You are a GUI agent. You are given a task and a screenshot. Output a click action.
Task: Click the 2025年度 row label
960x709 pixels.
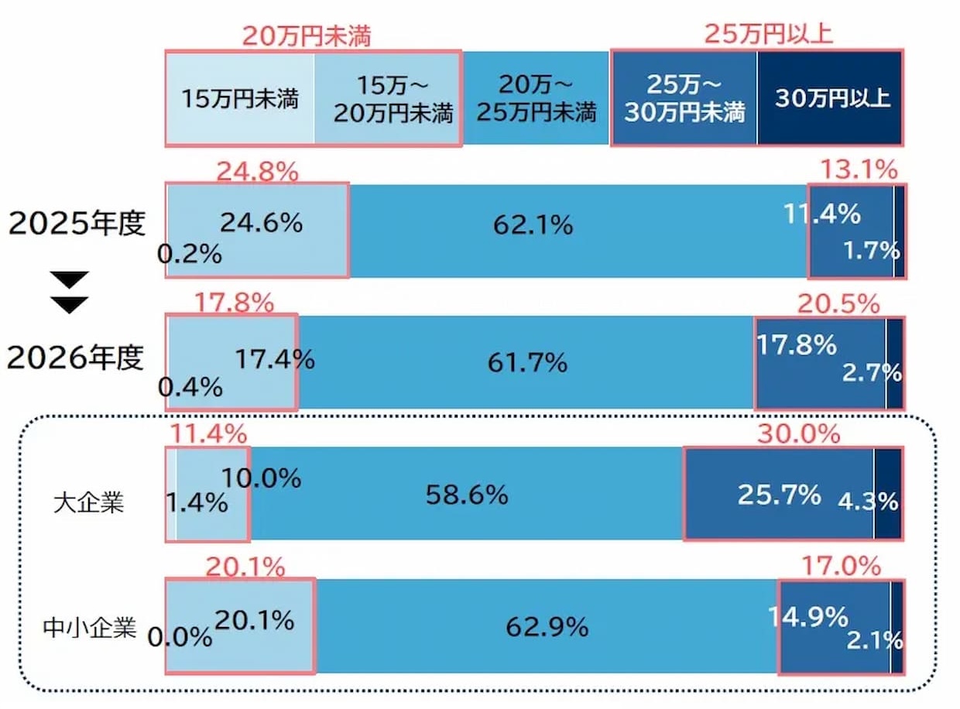pos(77,224)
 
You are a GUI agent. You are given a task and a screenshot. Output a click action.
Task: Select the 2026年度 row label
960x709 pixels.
pos(77,358)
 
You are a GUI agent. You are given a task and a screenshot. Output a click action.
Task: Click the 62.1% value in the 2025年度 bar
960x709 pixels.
pos(533,225)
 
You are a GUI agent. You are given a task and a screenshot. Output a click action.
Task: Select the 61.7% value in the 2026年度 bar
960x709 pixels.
pos(527,361)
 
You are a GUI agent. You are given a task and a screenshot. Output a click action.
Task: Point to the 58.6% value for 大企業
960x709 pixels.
pos(467,494)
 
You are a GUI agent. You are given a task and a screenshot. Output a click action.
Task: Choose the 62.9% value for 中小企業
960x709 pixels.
pos(547,626)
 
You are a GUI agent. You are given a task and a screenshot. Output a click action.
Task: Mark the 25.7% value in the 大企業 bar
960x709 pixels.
pos(779,494)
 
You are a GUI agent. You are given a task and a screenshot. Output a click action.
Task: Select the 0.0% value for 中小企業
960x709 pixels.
pos(180,637)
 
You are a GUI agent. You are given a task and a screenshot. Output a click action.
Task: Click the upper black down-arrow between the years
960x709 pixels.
pos(70,279)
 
